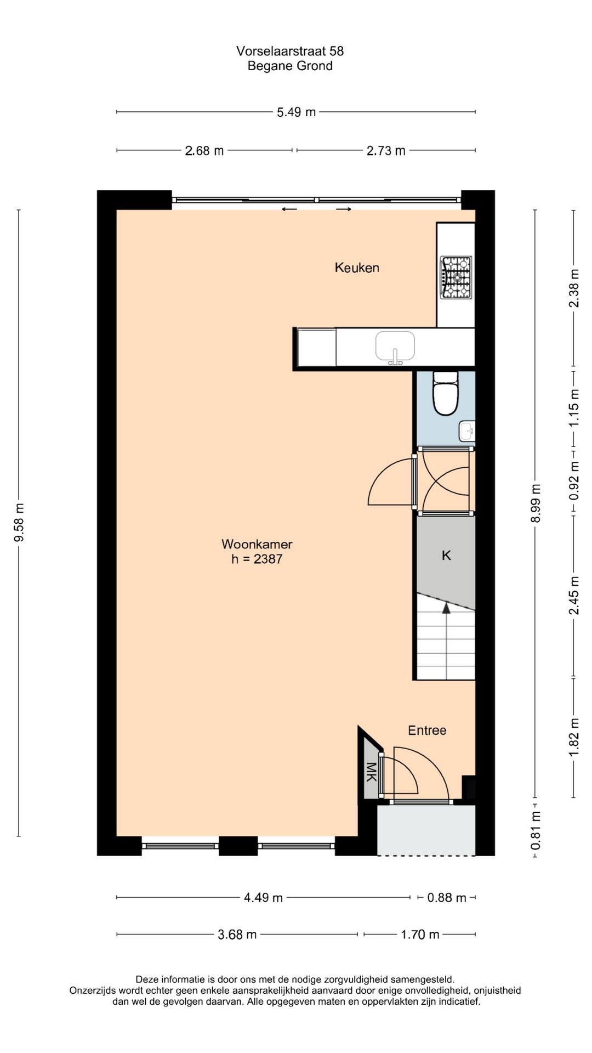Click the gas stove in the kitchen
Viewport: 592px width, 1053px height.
coord(457,278)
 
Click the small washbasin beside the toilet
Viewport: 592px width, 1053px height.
coord(467,431)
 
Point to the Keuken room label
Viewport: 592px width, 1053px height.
coord(357,268)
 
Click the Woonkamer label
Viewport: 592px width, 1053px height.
coord(257,544)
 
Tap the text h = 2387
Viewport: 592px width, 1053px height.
coord(257,559)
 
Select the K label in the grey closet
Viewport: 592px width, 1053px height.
coord(446,556)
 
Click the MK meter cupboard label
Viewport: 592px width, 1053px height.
coord(371,771)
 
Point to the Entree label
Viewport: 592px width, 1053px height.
coord(427,730)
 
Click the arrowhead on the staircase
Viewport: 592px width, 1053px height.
coord(446,607)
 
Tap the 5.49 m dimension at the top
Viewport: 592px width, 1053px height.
coord(296,112)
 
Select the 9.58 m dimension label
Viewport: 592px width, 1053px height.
coord(19,522)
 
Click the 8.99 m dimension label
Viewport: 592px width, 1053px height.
coord(536,503)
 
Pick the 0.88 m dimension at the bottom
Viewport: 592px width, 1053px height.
coord(446,897)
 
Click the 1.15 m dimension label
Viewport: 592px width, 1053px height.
coord(574,408)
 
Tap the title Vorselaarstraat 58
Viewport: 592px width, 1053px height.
coord(290,51)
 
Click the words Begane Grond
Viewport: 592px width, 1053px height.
coord(290,66)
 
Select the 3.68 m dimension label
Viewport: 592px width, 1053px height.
coord(237,934)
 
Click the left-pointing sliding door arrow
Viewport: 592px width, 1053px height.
coord(289,209)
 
